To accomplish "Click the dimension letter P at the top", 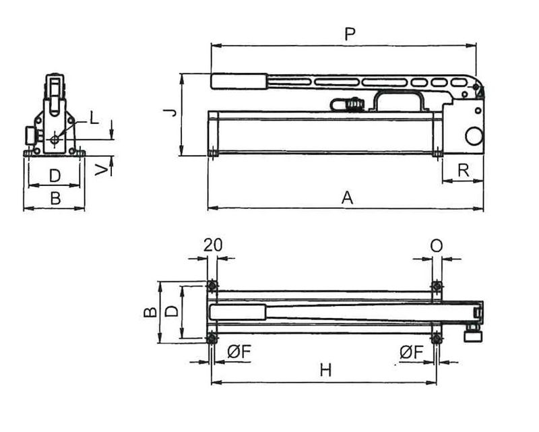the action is pyautogui.click(x=350, y=34).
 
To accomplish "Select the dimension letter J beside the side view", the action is pyautogui.click(x=170, y=113).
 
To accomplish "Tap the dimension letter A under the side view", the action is pyautogui.click(x=347, y=197).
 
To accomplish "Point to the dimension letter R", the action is pyautogui.click(x=464, y=171).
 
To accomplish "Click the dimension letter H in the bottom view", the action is pyautogui.click(x=325, y=371).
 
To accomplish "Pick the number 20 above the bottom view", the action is pyautogui.click(x=213, y=245).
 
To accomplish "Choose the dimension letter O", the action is pyautogui.click(x=436, y=246).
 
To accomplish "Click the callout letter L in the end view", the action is pyautogui.click(x=94, y=119).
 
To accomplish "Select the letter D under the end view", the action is pyautogui.click(x=55, y=176).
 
